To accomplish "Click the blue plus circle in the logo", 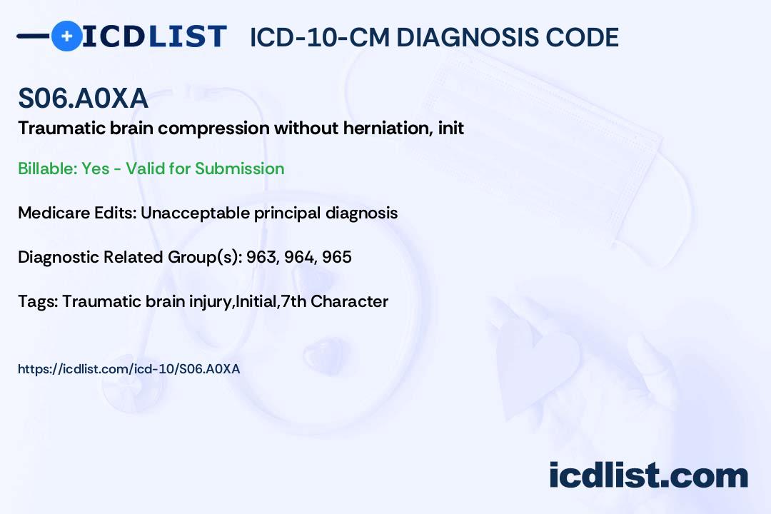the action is (x=66, y=36).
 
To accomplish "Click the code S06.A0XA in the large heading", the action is (x=83, y=98).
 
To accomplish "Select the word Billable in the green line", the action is (x=47, y=168).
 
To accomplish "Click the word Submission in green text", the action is (x=239, y=168).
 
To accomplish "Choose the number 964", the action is (x=300, y=257).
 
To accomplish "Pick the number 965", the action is (x=337, y=257).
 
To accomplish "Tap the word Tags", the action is (x=38, y=301).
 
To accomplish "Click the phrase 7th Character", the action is (x=334, y=301).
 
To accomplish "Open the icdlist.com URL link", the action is (x=128, y=369).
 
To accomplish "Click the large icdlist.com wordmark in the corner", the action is (x=648, y=475).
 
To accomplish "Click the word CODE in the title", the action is (x=575, y=37).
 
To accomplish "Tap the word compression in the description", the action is (x=213, y=129).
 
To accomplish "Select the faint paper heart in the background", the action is (x=537, y=369).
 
